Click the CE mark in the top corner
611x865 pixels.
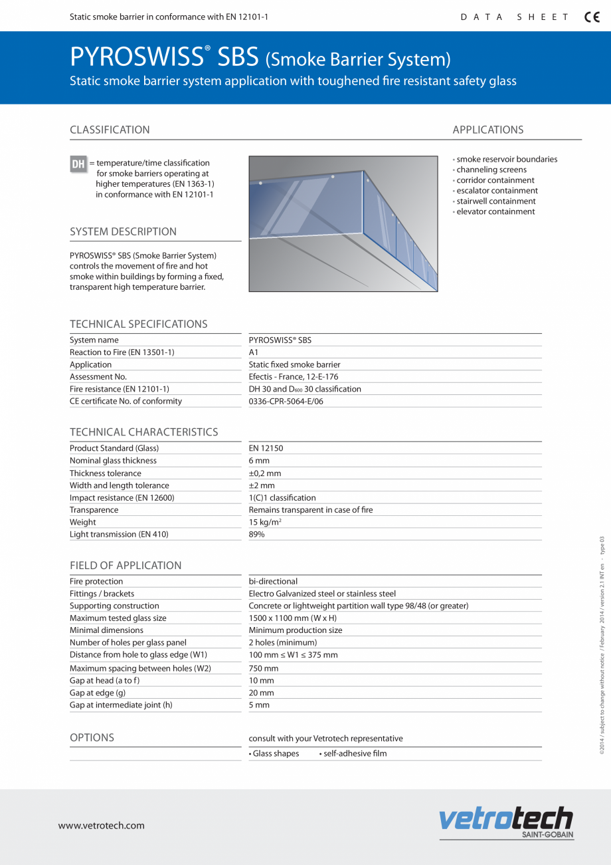(x=592, y=17)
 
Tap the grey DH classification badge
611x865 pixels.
(x=78, y=164)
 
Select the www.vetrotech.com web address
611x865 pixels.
(x=101, y=826)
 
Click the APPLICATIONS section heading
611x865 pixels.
(x=488, y=130)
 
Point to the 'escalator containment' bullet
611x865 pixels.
(x=496, y=191)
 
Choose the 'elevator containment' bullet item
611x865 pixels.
(x=495, y=211)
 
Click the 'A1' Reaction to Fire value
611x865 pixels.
(x=254, y=352)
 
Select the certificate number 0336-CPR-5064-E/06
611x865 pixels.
(x=286, y=402)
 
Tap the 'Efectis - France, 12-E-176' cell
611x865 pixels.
(x=294, y=377)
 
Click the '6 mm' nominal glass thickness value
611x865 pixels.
(x=259, y=461)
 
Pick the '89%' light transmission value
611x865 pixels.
(x=256, y=535)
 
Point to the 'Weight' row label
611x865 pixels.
(x=83, y=523)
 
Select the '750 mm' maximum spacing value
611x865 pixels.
(x=264, y=668)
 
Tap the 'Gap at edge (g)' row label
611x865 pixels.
(x=98, y=693)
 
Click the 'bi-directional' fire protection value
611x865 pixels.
(x=273, y=582)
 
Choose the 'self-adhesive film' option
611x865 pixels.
(x=355, y=754)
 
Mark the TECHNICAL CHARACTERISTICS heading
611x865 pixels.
(x=143, y=432)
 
